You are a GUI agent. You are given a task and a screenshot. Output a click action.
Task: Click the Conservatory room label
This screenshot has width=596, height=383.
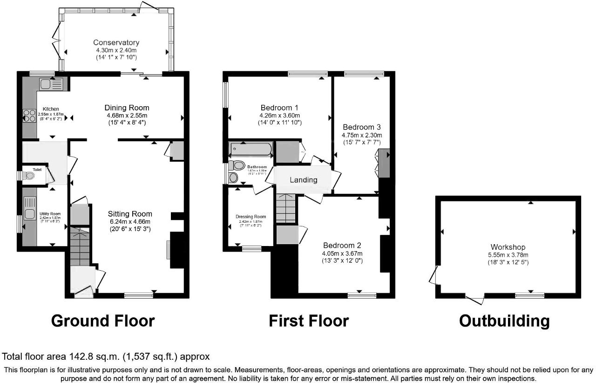click(x=116, y=43)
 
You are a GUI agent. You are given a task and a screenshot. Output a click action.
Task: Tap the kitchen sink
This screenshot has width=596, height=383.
click(x=51, y=84)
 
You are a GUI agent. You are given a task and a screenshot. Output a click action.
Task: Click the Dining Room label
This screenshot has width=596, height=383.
click(x=127, y=108)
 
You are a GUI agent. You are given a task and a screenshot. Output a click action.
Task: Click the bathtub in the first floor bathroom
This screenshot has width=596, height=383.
click(x=251, y=150)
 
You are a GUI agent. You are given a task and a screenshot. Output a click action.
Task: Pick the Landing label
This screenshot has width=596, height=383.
click(x=304, y=180)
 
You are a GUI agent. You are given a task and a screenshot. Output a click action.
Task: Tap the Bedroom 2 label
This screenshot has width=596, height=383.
click(x=342, y=246)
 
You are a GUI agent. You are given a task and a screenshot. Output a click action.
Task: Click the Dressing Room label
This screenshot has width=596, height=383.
click(x=251, y=217)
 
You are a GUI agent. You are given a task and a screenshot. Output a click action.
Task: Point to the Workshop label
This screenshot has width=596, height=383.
click(x=508, y=247)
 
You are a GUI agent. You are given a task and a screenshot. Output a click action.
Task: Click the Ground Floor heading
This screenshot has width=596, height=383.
click(x=102, y=321)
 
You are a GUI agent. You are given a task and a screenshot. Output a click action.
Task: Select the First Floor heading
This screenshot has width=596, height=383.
click(x=309, y=321)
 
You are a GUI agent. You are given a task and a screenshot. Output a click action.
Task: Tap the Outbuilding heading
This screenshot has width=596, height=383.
click(x=504, y=321)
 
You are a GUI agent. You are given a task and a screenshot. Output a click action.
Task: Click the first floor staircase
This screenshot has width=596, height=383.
click(x=285, y=208)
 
